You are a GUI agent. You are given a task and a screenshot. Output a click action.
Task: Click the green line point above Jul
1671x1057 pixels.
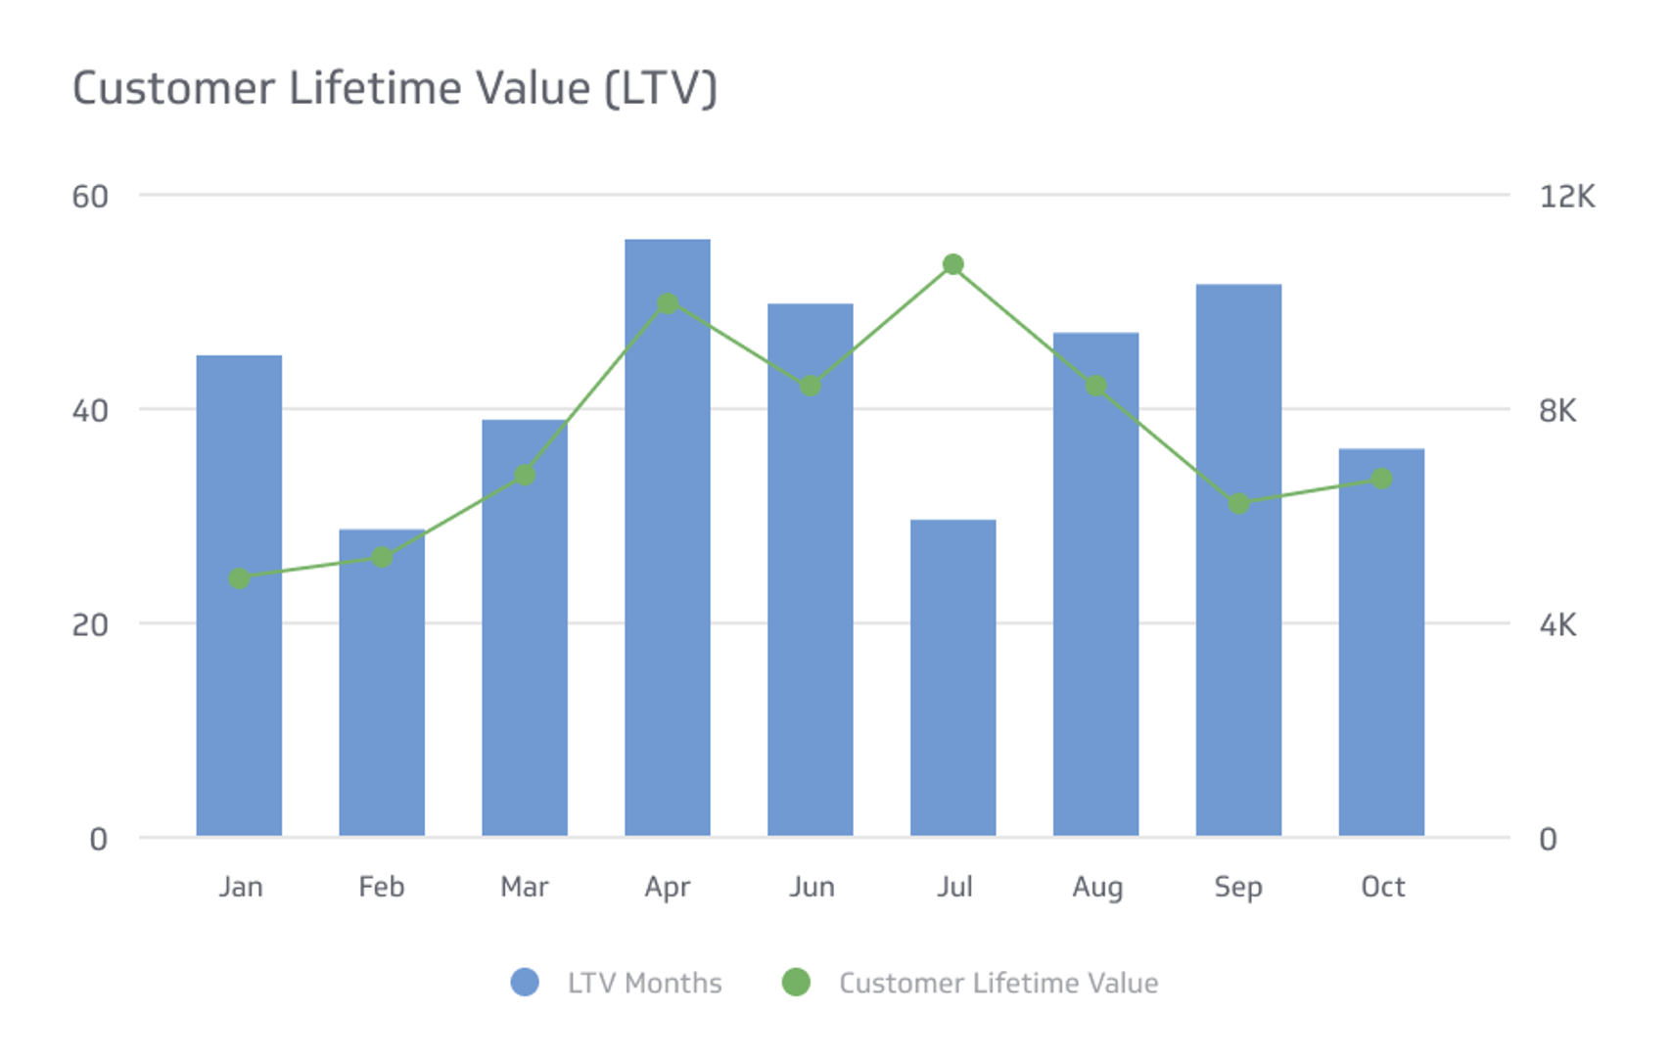click(952, 264)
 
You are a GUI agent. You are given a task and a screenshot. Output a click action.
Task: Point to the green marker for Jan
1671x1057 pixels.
click(239, 578)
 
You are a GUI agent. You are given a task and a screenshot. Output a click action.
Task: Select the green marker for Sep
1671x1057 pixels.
click(1238, 503)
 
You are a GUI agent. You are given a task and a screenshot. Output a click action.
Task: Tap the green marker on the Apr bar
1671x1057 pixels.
click(667, 303)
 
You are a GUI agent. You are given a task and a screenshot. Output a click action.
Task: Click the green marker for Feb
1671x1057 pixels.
click(382, 557)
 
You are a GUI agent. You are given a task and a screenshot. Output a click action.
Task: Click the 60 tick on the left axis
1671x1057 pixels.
click(90, 197)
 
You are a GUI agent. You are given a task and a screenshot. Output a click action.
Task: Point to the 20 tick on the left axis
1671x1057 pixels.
click(90, 624)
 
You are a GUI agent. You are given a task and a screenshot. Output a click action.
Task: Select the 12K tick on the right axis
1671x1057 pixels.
click(1566, 197)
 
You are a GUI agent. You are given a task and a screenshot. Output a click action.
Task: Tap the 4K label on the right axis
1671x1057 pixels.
click(1556, 624)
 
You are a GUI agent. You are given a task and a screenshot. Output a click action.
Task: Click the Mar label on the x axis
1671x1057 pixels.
click(524, 887)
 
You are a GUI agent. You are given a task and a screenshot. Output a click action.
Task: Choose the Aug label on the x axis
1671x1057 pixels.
click(1096, 887)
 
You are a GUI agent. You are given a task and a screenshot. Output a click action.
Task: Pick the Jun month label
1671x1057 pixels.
click(812, 887)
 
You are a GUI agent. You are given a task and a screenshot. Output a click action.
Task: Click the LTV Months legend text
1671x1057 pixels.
click(644, 983)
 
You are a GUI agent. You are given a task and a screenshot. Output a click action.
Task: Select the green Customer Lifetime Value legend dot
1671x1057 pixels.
click(796, 982)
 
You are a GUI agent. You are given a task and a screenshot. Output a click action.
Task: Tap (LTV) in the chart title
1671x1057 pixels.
click(661, 88)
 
